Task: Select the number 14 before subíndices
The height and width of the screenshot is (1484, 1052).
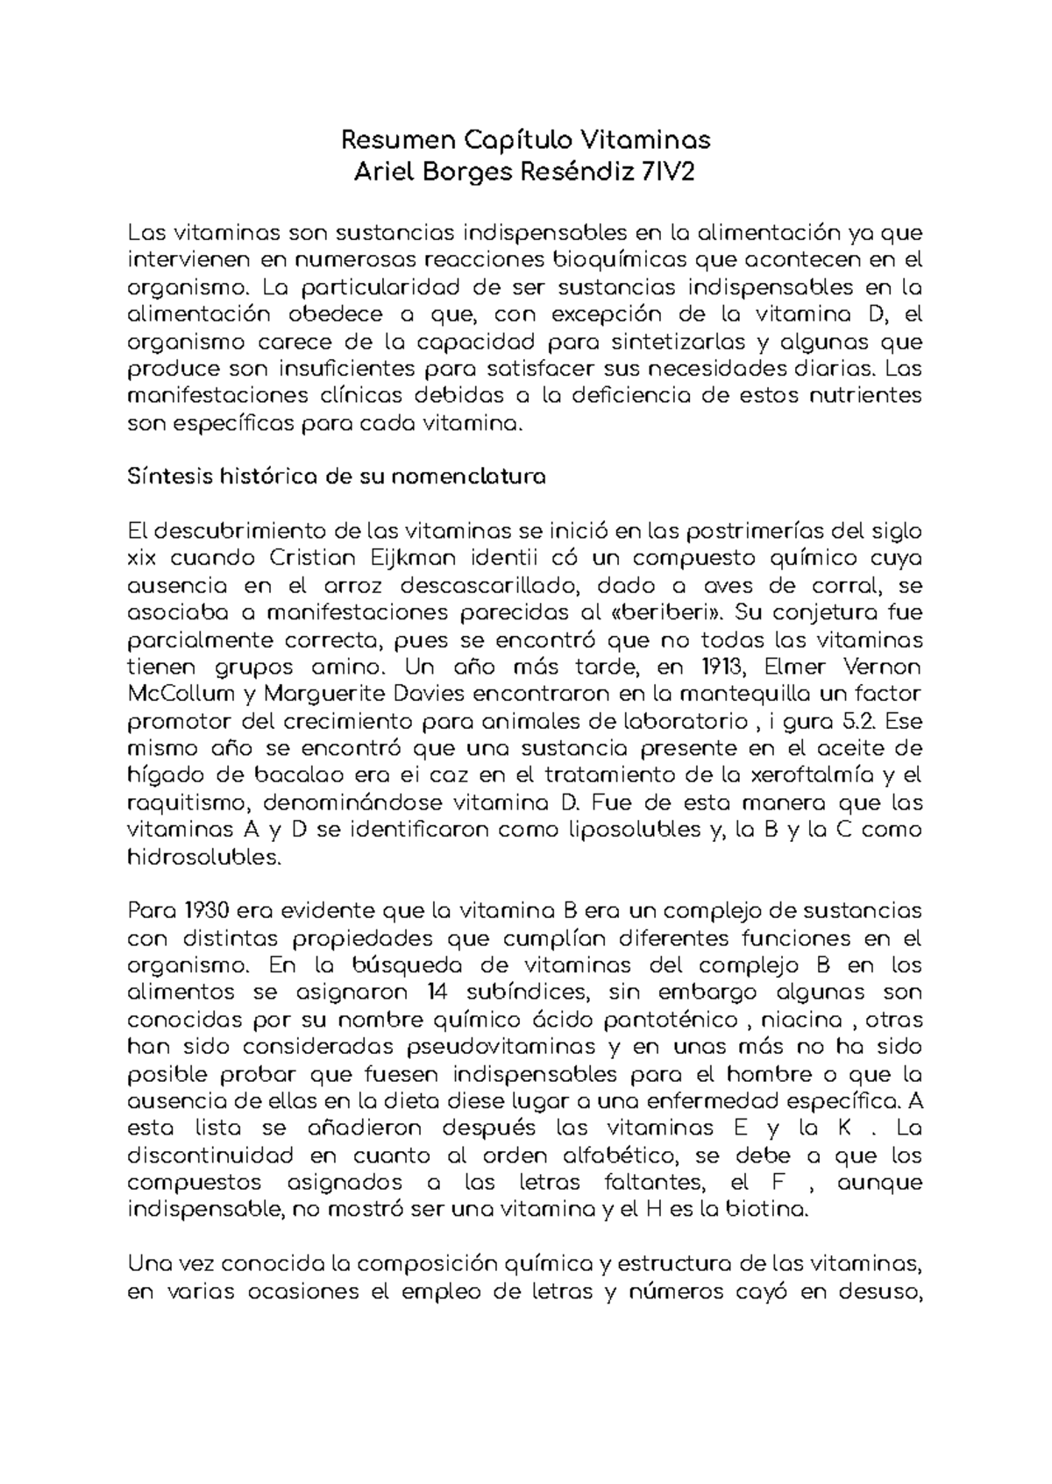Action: (431, 993)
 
